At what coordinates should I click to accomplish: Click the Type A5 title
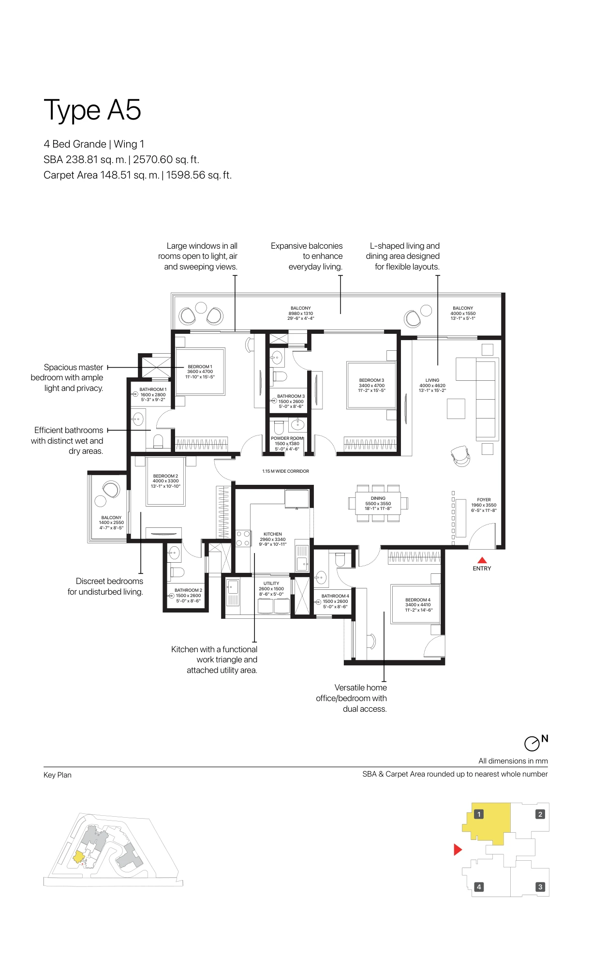point(92,110)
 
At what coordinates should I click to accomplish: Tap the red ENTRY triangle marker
point(482,560)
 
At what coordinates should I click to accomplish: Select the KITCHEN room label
point(273,534)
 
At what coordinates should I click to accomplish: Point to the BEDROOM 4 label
point(418,600)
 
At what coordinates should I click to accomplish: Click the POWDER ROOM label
point(287,438)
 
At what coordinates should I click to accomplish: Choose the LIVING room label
point(432,380)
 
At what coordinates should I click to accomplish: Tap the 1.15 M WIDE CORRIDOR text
point(285,471)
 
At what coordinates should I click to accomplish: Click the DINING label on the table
point(378,498)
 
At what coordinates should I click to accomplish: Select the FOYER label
point(484,500)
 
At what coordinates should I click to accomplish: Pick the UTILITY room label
point(271,584)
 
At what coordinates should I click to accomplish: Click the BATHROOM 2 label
point(188,590)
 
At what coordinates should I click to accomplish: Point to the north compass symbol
point(532,743)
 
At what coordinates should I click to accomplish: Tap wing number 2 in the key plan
point(540,814)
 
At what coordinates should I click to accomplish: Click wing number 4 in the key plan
point(479,887)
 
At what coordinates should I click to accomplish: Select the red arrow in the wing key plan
point(458,850)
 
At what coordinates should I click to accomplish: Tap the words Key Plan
point(58,775)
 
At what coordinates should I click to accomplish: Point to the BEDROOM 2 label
point(165,476)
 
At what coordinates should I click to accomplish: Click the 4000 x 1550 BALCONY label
point(463,313)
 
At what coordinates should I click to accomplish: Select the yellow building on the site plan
point(78,857)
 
